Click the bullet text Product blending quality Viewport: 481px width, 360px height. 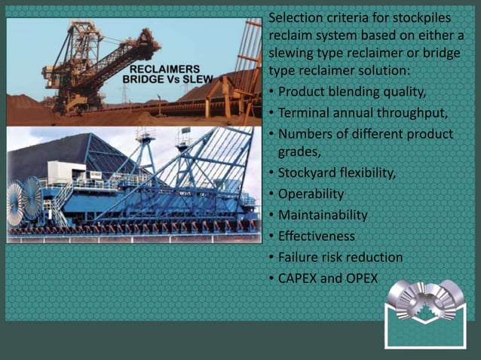click(x=352, y=93)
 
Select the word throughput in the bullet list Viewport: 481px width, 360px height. click(x=419, y=113)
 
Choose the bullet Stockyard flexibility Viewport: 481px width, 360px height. click(x=336, y=173)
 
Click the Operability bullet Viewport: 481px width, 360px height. click(x=311, y=194)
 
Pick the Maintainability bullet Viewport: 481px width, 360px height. click(x=323, y=215)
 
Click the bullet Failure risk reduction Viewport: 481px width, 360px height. click(x=340, y=258)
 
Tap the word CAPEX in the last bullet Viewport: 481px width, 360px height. click(x=299, y=279)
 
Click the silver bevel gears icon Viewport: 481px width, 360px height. click(x=424, y=301)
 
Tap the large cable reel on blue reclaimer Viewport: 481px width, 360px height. click(x=23, y=199)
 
